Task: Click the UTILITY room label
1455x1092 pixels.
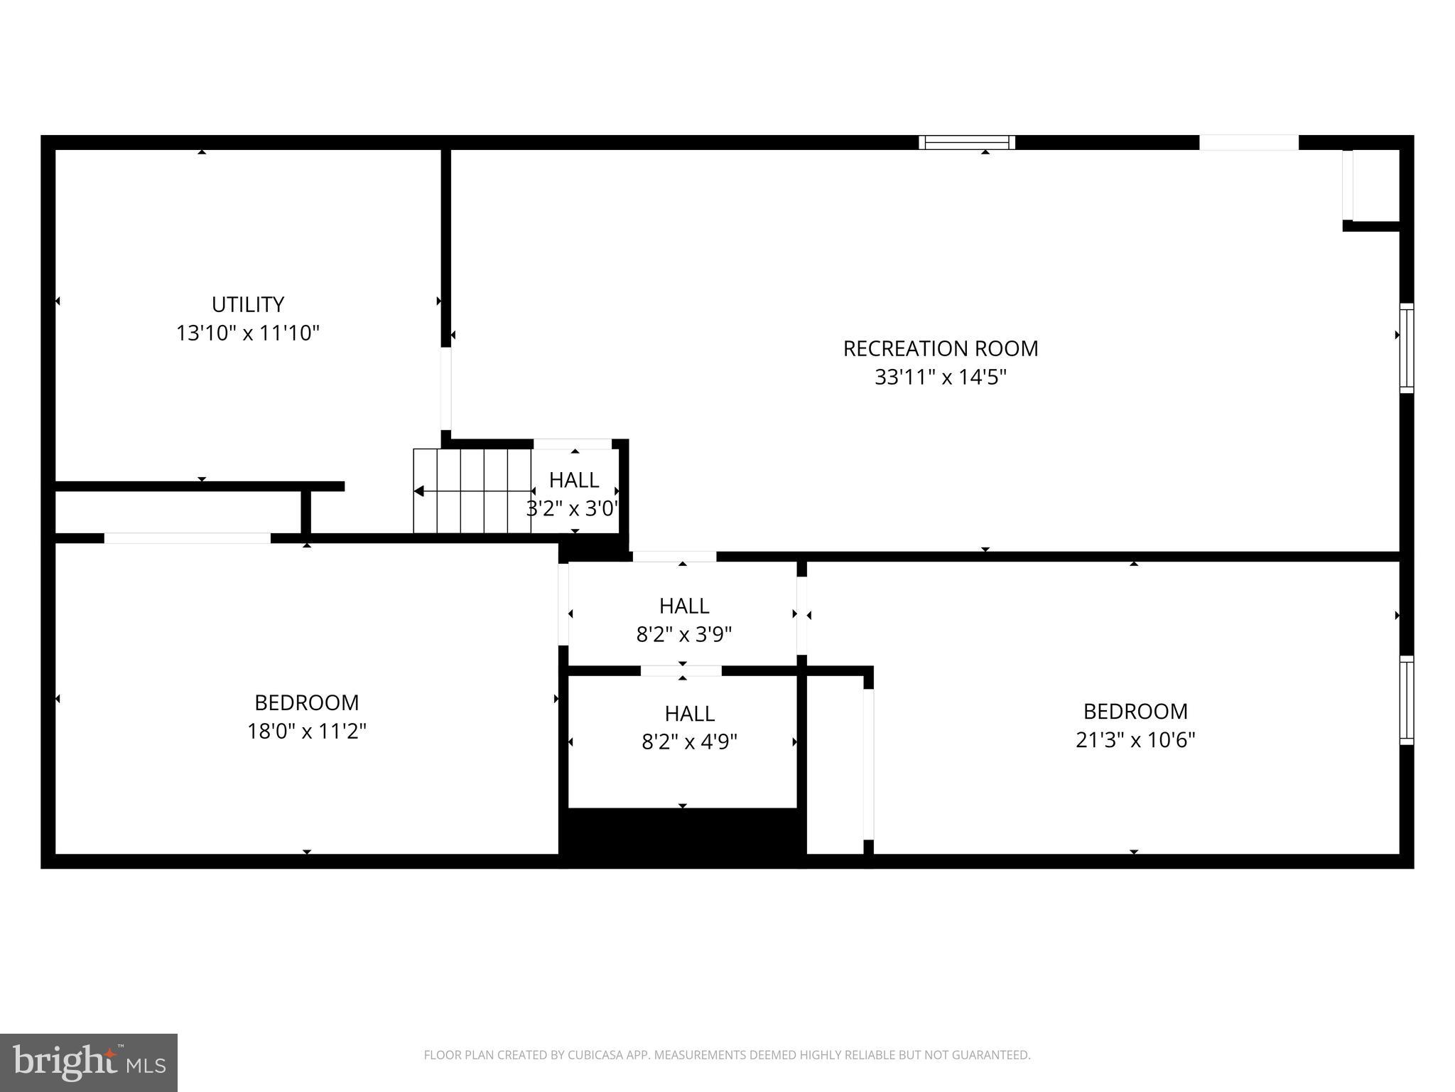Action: click(x=248, y=304)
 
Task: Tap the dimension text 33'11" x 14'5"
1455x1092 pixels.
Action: click(x=940, y=377)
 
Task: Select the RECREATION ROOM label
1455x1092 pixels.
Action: click(x=940, y=348)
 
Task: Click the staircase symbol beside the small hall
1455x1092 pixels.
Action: click(x=472, y=491)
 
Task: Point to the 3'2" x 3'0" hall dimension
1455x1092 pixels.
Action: click(x=573, y=508)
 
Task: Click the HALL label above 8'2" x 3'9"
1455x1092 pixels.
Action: click(x=683, y=606)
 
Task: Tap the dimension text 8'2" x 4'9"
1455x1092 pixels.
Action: click(x=689, y=742)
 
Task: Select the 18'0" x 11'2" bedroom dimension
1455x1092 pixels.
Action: click(x=306, y=731)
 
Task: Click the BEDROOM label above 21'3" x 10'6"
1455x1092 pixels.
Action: click(x=1135, y=711)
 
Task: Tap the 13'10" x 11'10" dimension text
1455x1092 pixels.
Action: click(x=248, y=333)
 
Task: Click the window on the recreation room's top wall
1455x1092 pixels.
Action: click(x=967, y=142)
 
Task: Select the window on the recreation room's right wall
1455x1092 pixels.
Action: click(x=1406, y=348)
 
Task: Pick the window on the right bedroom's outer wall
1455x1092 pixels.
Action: click(x=1406, y=700)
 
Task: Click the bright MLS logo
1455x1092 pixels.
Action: click(x=89, y=1062)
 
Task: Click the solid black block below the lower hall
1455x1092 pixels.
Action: click(x=682, y=837)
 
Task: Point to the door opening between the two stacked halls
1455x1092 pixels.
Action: click(x=681, y=670)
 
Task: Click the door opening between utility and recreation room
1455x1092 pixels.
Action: click(x=445, y=388)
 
